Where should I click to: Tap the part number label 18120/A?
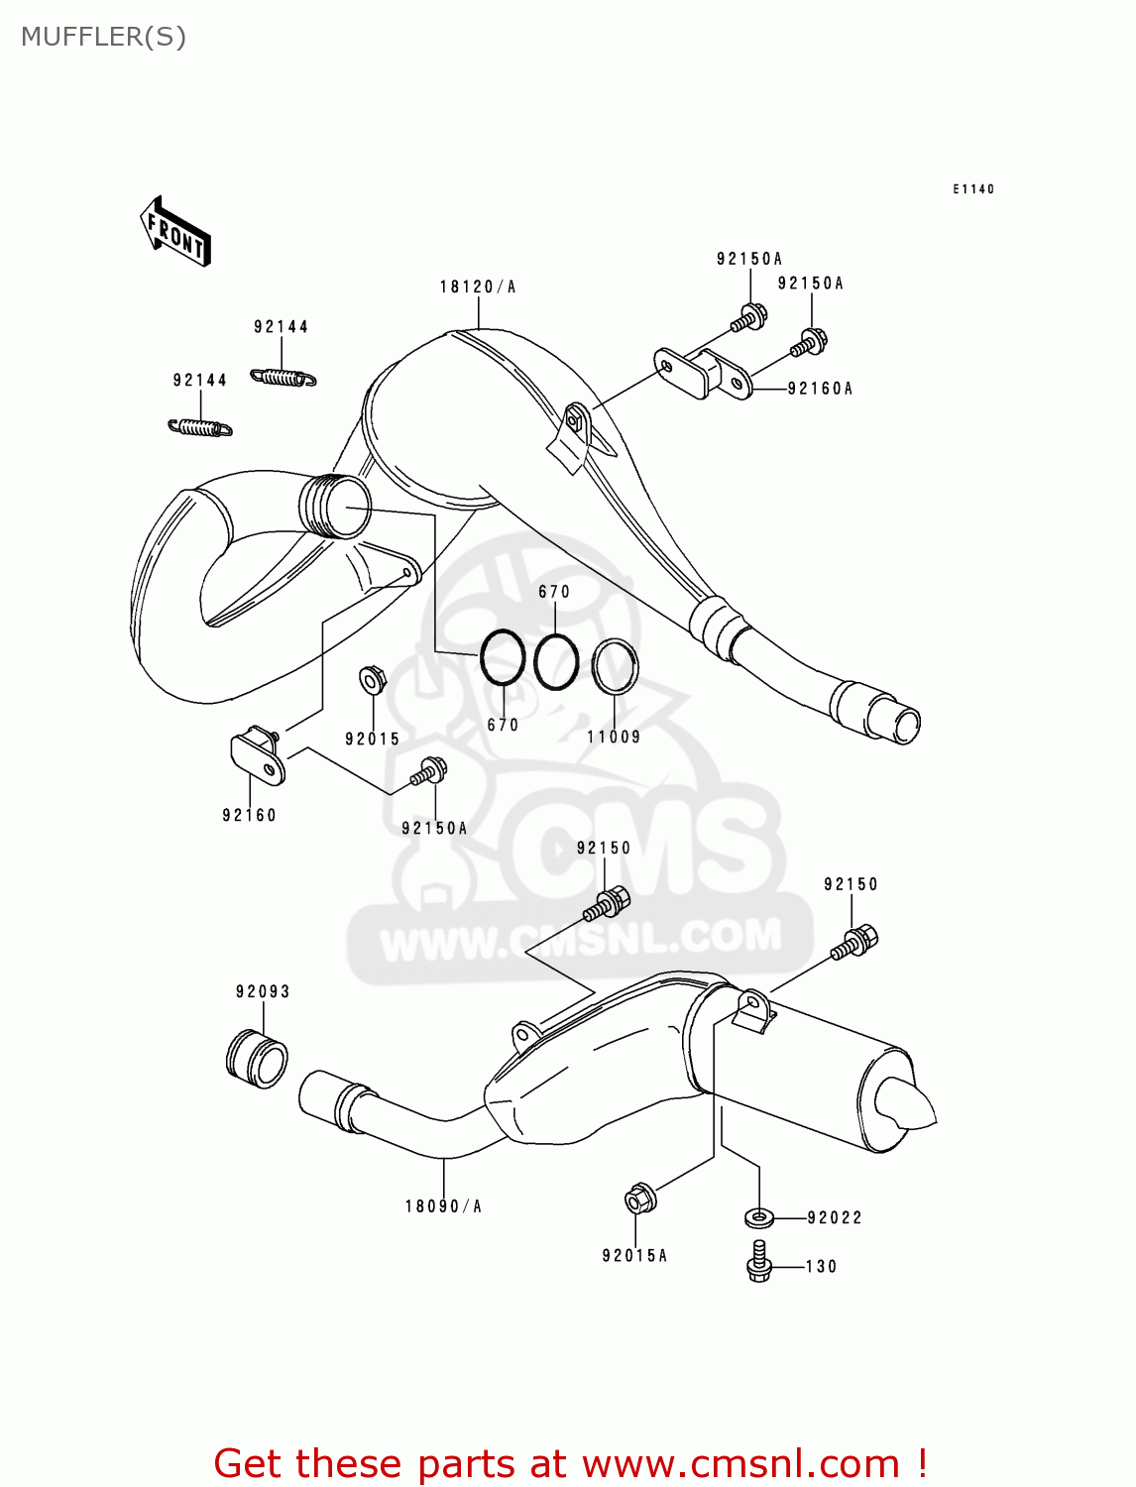tap(478, 287)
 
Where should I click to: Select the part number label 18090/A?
tap(443, 1206)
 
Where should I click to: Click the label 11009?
tap(614, 737)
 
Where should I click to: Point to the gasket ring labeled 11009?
tap(616, 666)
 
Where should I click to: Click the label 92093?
tap(263, 991)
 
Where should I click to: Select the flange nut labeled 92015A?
tap(639, 1200)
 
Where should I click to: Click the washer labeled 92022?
tap(758, 1216)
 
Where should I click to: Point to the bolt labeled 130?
tap(759, 1261)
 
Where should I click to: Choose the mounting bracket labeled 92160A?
tap(703, 373)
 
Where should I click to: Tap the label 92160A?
tap(820, 389)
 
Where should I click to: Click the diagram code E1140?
tap(973, 188)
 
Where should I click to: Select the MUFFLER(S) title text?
tap(103, 37)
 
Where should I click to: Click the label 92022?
tap(835, 1217)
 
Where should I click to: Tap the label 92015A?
tap(634, 1255)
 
